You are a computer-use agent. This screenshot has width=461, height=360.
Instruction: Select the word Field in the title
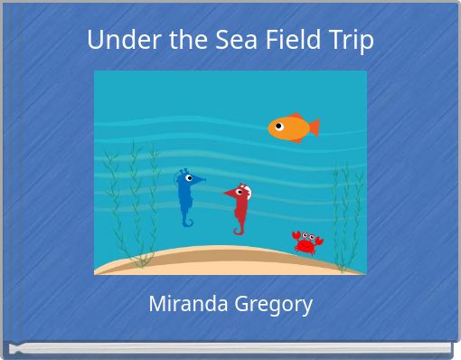pyautogui.click(x=283, y=41)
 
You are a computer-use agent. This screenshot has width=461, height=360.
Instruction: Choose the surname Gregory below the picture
pyautogui.click(x=272, y=305)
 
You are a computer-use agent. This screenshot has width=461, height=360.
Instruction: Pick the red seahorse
pyautogui.click(x=240, y=207)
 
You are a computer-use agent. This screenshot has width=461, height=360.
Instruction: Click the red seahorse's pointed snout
pyautogui.click(x=227, y=194)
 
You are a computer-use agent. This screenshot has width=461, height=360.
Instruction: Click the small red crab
pyautogui.click(x=306, y=242)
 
